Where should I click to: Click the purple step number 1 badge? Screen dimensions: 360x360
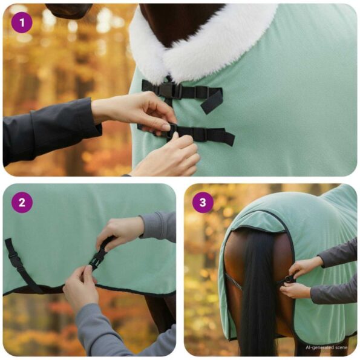(x=22, y=23)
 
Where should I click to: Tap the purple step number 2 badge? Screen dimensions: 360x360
(x=22, y=202)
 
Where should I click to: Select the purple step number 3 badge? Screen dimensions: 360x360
(x=203, y=202)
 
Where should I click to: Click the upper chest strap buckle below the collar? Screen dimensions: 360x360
(x=167, y=90)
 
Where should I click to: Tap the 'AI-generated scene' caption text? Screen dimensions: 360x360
(x=327, y=348)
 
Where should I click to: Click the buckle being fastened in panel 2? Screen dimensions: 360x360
(x=97, y=260)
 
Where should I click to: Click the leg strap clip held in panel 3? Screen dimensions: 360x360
(x=289, y=279)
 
